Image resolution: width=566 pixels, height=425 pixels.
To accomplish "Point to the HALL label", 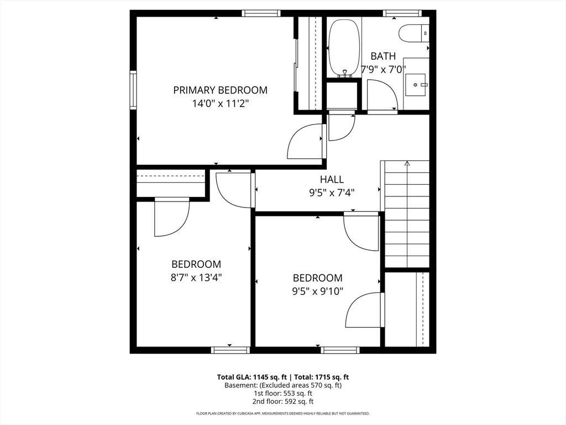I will click(332, 179).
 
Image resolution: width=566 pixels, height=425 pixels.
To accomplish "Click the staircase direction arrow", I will click(407, 164).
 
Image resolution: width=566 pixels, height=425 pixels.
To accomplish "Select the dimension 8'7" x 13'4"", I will click(196, 278).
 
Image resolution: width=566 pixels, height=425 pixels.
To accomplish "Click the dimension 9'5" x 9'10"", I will click(318, 291).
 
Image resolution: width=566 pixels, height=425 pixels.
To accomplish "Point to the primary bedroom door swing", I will click(306, 142).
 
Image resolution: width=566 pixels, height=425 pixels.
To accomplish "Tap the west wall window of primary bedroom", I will click(133, 89).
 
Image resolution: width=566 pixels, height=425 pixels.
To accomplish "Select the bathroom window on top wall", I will click(402, 13).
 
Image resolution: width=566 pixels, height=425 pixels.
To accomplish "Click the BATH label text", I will click(383, 56).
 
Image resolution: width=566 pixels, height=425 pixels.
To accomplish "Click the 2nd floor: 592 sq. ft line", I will click(283, 401).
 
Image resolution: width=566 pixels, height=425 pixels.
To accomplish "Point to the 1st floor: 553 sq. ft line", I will click(283, 393).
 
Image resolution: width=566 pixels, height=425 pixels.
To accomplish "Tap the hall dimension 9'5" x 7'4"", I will click(332, 193).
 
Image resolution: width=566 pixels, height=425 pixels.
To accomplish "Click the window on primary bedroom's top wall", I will click(261, 13).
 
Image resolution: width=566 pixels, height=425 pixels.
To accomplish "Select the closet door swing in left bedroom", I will click(171, 218).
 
